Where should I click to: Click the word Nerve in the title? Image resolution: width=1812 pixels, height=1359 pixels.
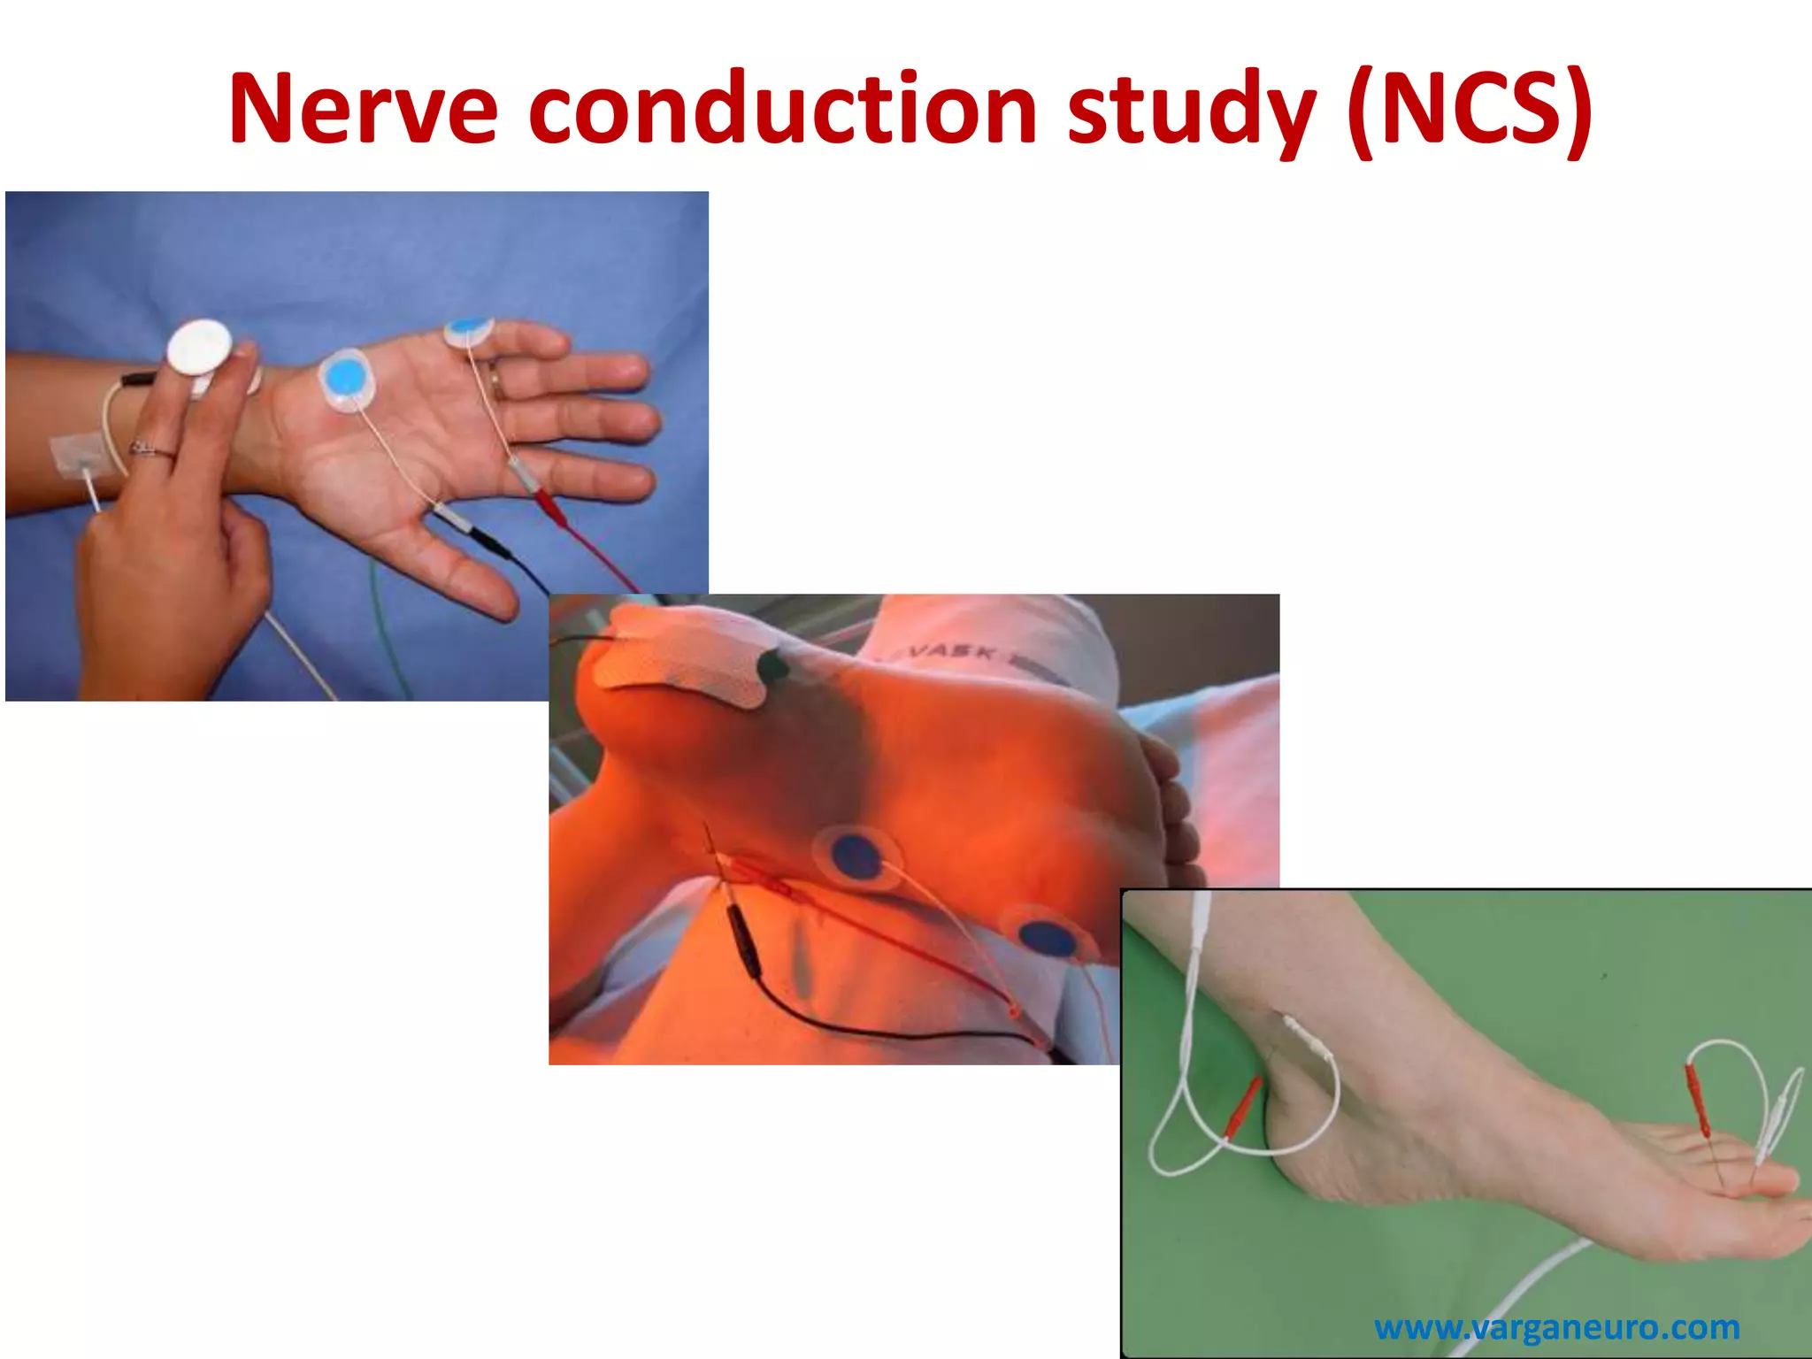coord(363,110)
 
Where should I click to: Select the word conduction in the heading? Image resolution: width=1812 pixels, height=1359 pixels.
coord(784,110)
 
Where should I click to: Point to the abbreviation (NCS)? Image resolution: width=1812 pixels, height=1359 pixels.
coord(1468,110)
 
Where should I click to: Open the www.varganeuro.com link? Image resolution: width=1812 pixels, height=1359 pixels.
coord(1556,1327)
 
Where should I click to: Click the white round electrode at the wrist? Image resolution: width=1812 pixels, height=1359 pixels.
coord(199,348)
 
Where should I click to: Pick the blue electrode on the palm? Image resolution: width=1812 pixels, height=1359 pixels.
coord(346,377)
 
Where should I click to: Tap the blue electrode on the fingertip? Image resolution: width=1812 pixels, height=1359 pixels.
coord(468,330)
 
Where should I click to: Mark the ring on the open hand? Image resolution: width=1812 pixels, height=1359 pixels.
coord(497,382)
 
